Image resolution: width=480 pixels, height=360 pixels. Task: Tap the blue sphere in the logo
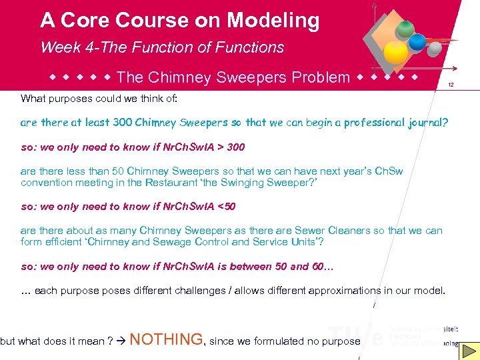pyautogui.click(x=417, y=42)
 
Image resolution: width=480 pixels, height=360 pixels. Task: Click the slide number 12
pyautogui.click(x=451, y=85)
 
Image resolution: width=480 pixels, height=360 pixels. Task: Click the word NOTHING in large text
pyautogui.click(x=166, y=340)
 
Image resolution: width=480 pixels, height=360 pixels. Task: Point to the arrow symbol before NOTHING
pyautogui.click(x=119, y=341)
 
